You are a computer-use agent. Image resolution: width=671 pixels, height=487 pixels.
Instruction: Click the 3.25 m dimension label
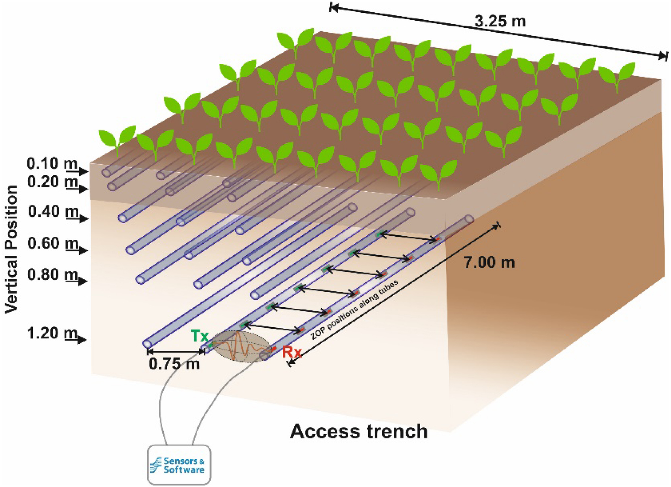point(500,21)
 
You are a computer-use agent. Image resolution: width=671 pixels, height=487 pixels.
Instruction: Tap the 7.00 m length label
point(489,262)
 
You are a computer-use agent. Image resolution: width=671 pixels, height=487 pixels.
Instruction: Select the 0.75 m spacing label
point(174,364)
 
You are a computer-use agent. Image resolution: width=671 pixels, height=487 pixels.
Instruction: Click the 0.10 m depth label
point(52,164)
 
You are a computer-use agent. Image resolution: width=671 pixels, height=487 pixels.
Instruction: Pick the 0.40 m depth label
point(53,211)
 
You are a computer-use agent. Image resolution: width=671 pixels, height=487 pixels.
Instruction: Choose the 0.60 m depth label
point(53,244)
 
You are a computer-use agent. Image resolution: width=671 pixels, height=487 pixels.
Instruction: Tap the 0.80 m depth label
point(53,275)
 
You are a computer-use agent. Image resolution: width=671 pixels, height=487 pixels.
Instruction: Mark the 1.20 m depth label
point(52,333)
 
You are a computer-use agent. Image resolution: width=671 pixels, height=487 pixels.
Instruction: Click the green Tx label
point(199,335)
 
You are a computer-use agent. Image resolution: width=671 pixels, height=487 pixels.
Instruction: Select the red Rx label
point(292,352)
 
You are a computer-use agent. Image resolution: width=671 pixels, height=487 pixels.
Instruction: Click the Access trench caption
point(358,431)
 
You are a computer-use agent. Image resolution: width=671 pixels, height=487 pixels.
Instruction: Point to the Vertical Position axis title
point(11,249)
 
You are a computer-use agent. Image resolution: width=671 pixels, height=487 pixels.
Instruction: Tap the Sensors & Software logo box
point(179,465)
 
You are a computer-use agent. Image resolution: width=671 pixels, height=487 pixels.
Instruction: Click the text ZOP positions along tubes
point(354,309)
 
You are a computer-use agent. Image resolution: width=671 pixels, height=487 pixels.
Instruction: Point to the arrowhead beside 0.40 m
point(83,218)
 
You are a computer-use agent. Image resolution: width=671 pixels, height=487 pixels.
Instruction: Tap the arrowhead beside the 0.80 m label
point(83,281)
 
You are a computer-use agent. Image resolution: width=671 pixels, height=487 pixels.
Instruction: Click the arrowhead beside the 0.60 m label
point(83,250)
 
